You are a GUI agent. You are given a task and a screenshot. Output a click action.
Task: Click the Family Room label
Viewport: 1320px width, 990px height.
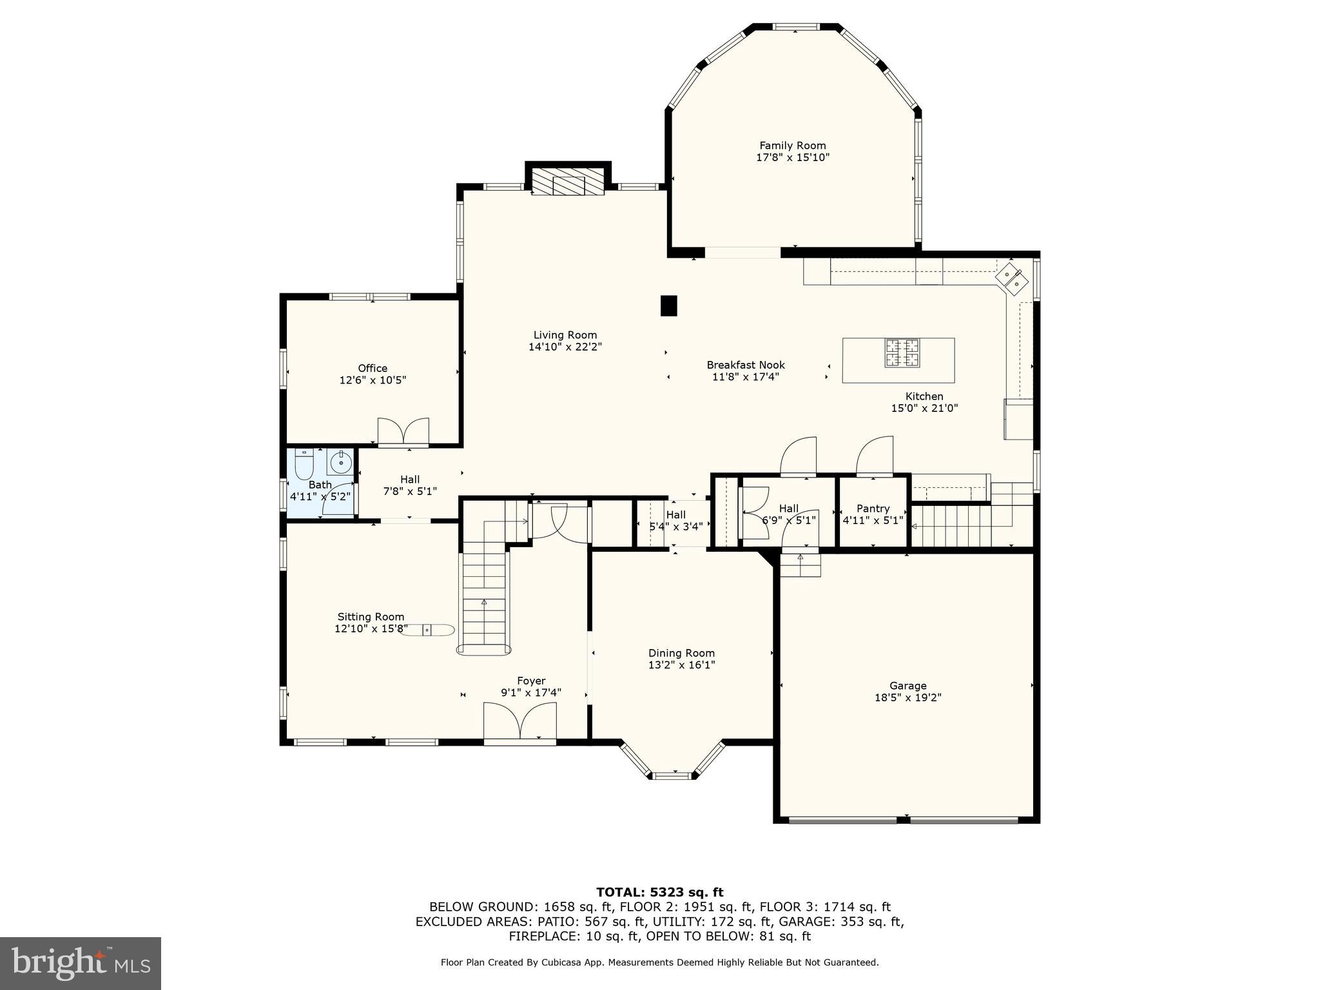click(792, 146)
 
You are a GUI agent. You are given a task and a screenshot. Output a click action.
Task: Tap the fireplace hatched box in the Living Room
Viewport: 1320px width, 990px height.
click(567, 184)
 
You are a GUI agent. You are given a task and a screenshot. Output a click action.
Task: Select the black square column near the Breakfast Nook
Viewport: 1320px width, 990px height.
click(669, 306)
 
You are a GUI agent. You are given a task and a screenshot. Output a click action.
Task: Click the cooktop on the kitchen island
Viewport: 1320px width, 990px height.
click(902, 353)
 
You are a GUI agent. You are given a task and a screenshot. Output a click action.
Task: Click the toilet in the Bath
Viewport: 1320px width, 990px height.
click(304, 465)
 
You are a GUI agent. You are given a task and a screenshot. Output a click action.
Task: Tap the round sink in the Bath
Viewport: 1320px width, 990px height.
click(340, 462)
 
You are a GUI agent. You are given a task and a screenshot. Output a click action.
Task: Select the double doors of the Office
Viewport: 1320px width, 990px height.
click(403, 432)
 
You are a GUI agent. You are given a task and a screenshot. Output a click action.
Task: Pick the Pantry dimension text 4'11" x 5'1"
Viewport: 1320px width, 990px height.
click(873, 520)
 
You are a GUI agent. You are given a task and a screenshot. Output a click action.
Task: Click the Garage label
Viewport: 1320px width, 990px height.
click(907, 686)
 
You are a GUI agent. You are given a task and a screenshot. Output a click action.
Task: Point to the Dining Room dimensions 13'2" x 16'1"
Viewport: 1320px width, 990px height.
click(681, 665)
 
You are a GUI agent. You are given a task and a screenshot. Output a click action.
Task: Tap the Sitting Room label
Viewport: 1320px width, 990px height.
click(371, 617)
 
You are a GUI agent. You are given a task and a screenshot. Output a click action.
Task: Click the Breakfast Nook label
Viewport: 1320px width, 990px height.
click(746, 365)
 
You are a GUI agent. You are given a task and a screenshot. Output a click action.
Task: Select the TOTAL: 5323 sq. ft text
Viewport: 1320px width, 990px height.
click(659, 893)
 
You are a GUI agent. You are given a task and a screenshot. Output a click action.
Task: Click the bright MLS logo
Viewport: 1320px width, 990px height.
click(80, 964)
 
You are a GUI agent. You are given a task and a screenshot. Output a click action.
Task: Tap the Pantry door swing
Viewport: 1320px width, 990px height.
click(875, 456)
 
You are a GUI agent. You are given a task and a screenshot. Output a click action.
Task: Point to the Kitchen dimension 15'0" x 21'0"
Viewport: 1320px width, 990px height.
click(924, 408)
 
